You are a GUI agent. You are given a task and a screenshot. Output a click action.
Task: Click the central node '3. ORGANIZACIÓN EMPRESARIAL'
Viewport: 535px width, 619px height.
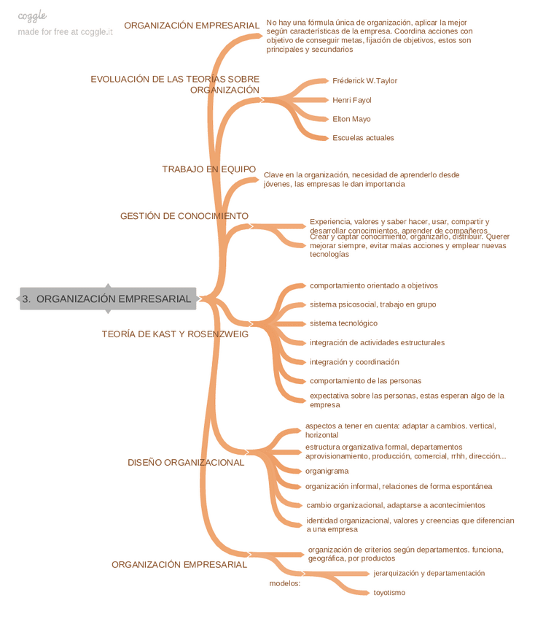pos(108,299)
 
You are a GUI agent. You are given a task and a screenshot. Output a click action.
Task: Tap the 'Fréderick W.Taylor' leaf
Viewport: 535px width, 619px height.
pos(364,80)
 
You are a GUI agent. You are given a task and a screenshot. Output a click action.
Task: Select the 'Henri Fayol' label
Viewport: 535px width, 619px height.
pos(351,100)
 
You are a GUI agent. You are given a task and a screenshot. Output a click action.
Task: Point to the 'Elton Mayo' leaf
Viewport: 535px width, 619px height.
pos(351,119)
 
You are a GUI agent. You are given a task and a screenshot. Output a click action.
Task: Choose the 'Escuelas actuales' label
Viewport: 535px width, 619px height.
pos(363,138)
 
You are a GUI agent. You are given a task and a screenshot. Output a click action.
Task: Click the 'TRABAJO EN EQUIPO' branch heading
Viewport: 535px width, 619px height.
pos(208,169)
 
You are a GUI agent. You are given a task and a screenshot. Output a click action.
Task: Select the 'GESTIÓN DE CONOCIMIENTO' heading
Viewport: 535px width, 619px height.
pos(184,216)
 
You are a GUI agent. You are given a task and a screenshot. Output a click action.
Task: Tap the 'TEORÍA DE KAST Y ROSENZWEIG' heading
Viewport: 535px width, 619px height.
pos(175,334)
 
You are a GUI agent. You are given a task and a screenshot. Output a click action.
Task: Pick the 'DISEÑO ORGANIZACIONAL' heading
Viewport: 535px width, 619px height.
pos(186,462)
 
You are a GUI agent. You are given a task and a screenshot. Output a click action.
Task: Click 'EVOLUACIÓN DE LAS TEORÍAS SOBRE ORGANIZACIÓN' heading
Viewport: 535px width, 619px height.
pos(175,84)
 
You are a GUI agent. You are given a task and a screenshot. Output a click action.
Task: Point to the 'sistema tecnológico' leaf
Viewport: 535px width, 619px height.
pos(343,323)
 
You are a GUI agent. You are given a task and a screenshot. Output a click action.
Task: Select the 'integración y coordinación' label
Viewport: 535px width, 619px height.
pos(354,362)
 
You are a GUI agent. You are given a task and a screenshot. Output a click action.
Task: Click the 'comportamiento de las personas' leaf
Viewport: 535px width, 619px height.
pos(365,381)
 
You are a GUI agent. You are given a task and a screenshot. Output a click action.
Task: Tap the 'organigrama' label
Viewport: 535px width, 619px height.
pos(327,471)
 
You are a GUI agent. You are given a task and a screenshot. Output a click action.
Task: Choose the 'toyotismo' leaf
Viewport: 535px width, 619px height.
pos(389,593)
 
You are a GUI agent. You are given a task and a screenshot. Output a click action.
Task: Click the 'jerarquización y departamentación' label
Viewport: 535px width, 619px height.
pos(429,574)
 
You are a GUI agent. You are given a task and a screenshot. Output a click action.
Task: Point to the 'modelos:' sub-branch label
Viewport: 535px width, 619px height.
pos(284,583)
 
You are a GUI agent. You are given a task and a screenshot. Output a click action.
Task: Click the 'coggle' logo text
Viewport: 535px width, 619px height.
pos(32,15)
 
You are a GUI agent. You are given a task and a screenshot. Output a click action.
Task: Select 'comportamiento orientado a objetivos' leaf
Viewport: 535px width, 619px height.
pos(374,285)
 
